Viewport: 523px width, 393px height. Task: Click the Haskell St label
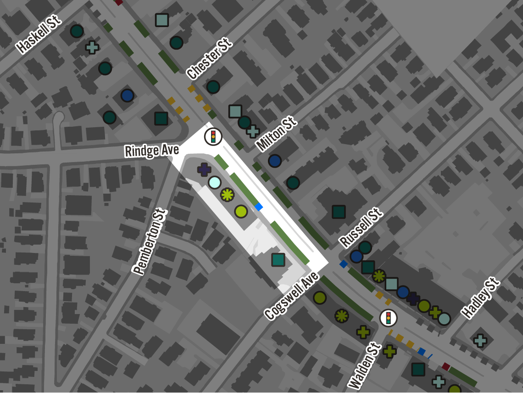tap(39, 34)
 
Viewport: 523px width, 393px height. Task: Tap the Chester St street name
tap(209, 59)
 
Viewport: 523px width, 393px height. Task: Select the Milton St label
tap(276, 134)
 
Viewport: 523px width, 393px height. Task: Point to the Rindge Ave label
tap(151, 150)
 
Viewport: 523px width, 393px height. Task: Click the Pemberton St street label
tap(150, 241)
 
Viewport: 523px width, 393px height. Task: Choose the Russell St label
tap(361, 227)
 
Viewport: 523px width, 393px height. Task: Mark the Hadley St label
tap(480, 298)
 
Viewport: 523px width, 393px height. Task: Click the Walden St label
tap(365, 366)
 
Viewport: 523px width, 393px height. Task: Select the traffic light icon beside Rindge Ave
tap(213, 136)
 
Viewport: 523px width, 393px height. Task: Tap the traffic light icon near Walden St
tap(388, 318)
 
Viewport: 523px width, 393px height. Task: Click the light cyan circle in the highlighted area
tap(215, 182)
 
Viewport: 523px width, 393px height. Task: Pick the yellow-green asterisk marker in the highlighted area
tap(227, 195)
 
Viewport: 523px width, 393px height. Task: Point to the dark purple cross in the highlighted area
tap(204, 169)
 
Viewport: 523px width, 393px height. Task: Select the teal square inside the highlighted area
tap(278, 260)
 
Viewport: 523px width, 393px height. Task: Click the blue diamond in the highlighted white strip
tap(259, 207)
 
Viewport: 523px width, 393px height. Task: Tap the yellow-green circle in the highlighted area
tap(241, 211)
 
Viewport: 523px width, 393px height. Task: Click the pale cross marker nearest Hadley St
tap(480, 340)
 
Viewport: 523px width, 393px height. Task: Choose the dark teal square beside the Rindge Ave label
tap(161, 118)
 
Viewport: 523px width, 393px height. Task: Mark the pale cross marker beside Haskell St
tap(92, 47)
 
